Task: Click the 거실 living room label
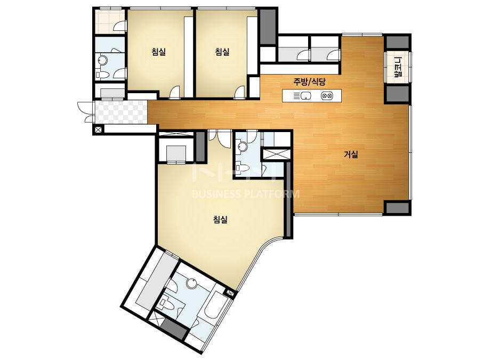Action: [x=351, y=154]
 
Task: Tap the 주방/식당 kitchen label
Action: [x=310, y=82]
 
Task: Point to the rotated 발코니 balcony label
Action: [x=398, y=67]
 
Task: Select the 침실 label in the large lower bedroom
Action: [x=220, y=219]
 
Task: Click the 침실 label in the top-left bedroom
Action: [x=158, y=52]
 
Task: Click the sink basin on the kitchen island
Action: [x=306, y=96]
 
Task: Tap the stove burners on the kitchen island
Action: [x=327, y=96]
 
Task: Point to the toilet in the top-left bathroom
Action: [x=102, y=75]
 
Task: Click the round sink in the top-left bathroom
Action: [x=102, y=60]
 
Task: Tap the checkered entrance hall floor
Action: [x=121, y=112]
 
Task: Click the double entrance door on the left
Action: [x=86, y=112]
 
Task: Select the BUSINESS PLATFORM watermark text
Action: [x=245, y=194]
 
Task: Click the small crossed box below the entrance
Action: [x=98, y=129]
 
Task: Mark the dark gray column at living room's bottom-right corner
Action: [x=397, y=208]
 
